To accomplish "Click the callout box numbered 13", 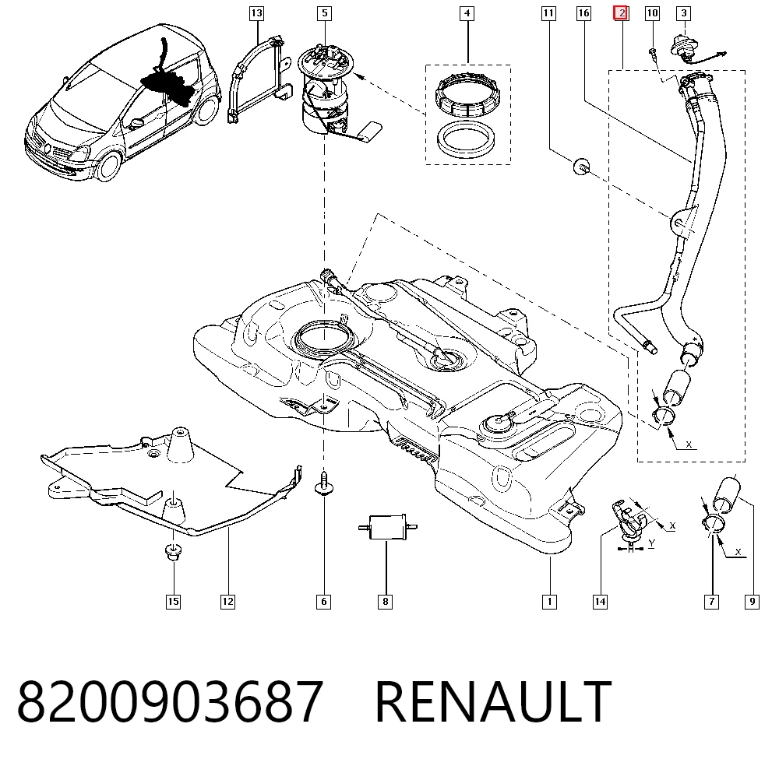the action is tap(256, 13).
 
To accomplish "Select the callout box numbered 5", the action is tap(324, 13).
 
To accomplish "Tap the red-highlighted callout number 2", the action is tap(621, 13).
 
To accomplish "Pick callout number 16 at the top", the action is tap(583, 13).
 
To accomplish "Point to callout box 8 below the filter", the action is tap(385, 602).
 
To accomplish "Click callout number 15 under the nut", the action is tap(173, 602).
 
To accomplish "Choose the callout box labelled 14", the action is tap(600, 602).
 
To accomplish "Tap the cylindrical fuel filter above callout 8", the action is tap(387, 527).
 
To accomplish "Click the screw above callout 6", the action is tap(324, 483).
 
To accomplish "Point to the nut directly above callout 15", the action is tap(173, 552).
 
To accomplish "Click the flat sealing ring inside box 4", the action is tap(465, 139).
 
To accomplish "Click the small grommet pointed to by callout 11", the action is tap(582, 167).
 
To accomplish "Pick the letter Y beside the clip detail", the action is tap(651, 543).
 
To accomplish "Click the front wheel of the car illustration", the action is tap(108, 165).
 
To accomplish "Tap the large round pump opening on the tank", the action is tap(324, 338).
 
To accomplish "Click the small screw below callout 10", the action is tap(653, 54).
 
